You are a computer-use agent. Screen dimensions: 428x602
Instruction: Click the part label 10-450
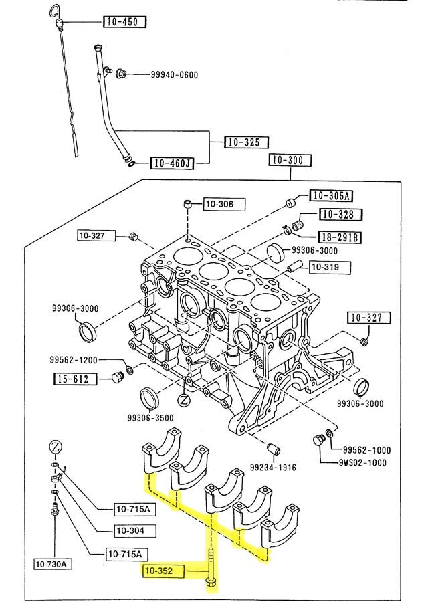[125, 22]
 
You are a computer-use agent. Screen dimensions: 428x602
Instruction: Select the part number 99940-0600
[175, 74]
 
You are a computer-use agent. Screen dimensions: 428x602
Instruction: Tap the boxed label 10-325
[246, 142]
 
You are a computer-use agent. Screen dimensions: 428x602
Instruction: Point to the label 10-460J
[172, 164]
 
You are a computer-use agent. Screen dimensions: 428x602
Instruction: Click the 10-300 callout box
[290, 160]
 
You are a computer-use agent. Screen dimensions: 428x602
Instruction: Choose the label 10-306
[224, 204]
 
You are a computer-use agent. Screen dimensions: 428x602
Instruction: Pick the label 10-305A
[331, 195]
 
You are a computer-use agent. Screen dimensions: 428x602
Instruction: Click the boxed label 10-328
[341, 214]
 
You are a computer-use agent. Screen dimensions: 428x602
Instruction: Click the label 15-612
[76, 379]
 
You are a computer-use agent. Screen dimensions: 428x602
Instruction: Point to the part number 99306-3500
[150, 417]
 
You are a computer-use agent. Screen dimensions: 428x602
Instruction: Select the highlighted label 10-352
[163, 571]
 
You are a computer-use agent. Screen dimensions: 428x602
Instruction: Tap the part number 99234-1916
[273, 468]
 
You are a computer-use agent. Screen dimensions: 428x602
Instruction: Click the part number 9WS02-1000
[362, 463]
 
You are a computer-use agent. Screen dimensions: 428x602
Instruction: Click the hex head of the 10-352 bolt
[211, 590]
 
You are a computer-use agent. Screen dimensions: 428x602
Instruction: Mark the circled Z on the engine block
[185, 401]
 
